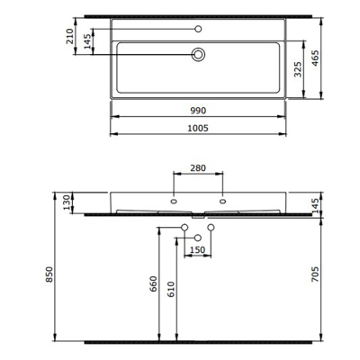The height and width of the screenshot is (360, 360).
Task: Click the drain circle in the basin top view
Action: tap(198, 55)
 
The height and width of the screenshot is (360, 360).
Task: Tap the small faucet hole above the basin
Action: tap(198, 29)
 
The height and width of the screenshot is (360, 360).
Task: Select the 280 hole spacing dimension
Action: tap(198, 167)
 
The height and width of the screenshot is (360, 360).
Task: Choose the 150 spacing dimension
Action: tap(198, 249)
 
